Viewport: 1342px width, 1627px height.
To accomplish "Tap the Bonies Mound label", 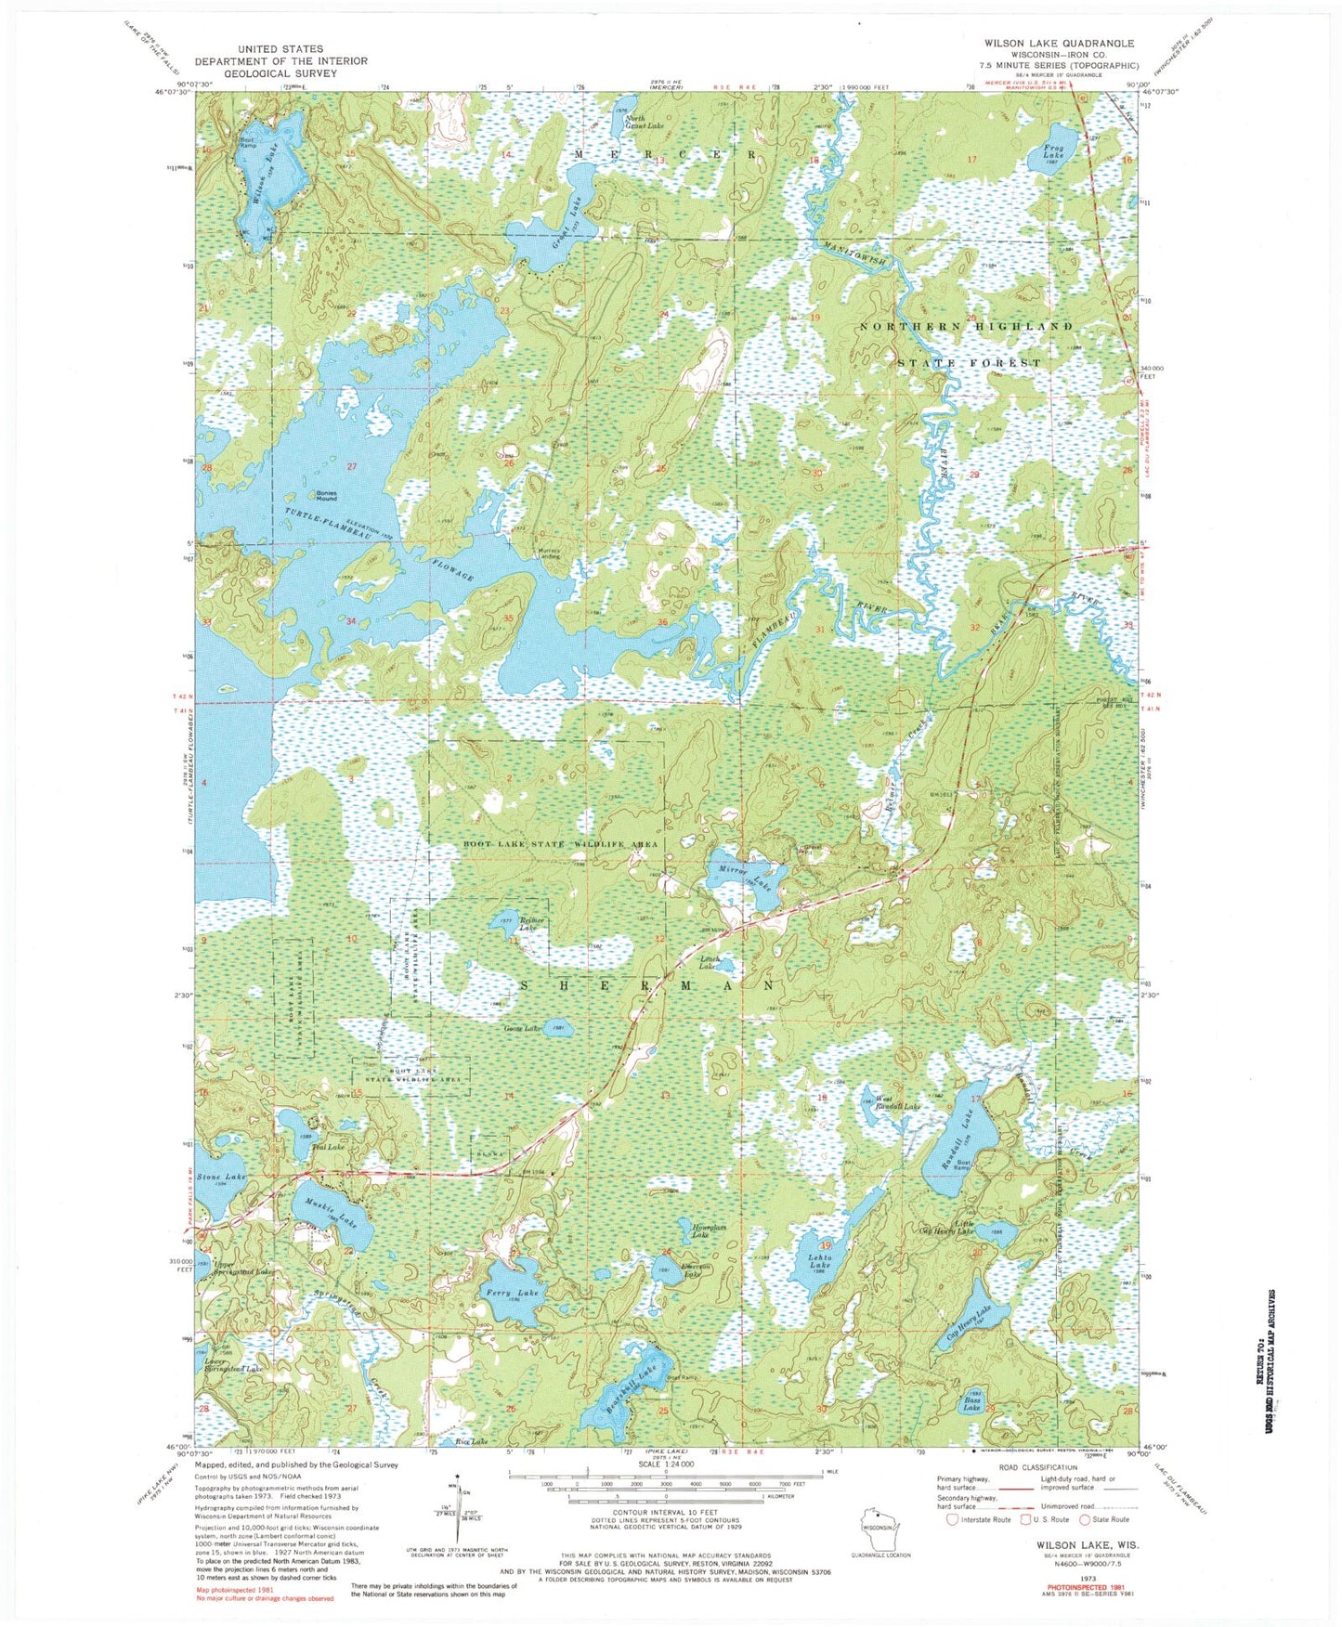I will click(327, 495).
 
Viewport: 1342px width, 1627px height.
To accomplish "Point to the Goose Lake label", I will click(522, 1029).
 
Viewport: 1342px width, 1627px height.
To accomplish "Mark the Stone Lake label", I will click(223, 1177).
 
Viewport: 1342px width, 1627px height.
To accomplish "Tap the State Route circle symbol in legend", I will click(1086, 1519).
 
